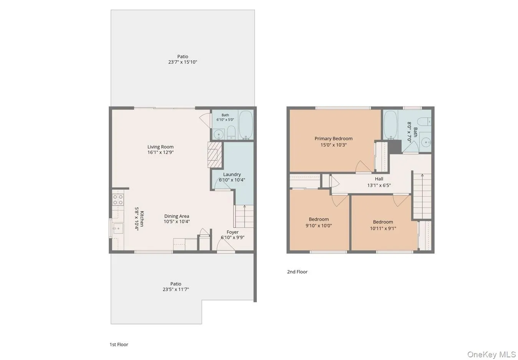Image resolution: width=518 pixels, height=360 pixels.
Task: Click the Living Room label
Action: pos(161,147)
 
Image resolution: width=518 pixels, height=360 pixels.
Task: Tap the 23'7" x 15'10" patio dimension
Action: pos(183,62)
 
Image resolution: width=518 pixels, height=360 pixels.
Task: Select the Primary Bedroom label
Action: pos(333,139)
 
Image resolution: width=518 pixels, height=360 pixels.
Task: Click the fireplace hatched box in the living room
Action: pos(215,154)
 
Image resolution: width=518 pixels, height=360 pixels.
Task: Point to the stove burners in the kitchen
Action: pos(118,200)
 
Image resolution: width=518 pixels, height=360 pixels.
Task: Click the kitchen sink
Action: pos(118,228)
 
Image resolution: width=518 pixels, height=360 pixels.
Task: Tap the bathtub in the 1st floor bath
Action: pos(246,125)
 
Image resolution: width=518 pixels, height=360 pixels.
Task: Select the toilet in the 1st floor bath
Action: pos(231,133)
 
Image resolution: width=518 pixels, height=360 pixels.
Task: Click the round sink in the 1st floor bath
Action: pos(218,134)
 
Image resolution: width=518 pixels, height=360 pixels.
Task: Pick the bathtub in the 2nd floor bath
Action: pos(391,125)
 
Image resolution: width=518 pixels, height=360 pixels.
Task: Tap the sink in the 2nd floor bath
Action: pos(426,142)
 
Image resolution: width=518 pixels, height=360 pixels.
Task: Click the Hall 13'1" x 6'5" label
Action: pos(379,182)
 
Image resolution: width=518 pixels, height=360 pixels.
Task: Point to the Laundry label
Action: pos(232,174)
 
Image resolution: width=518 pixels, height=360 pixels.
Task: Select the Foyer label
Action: pos(232,232)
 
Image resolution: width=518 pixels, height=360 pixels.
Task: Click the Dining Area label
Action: pos(177,216)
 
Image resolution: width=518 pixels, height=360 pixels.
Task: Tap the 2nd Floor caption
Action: pos(297,272)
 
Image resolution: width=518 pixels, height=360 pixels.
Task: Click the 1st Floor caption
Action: pos(119,345)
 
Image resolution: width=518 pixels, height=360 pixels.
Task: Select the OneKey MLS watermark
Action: pos(492,355)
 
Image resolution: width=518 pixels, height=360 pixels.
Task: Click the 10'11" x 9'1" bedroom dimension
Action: pos(383,228)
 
